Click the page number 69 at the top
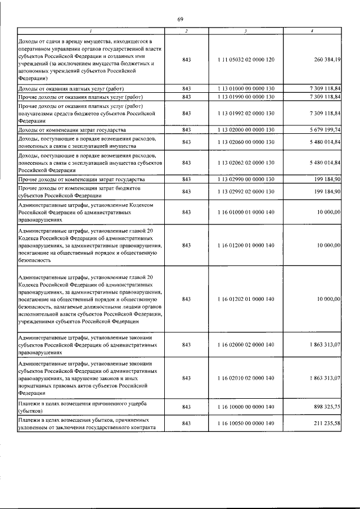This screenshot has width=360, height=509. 181,20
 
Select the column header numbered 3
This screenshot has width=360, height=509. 246,30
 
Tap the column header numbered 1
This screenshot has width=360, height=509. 91,30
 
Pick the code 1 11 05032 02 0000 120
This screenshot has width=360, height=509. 246,59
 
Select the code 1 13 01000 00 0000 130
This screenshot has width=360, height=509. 246,89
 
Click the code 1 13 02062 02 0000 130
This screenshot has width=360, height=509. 246,163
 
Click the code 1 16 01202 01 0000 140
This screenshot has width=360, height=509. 246,299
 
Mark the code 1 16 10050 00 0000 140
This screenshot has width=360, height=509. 246,422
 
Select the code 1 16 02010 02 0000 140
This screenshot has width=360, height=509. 246,378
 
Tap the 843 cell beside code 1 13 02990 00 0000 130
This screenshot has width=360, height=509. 187,179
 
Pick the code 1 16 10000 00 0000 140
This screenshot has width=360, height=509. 246,406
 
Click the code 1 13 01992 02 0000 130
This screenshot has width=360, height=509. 246,113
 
